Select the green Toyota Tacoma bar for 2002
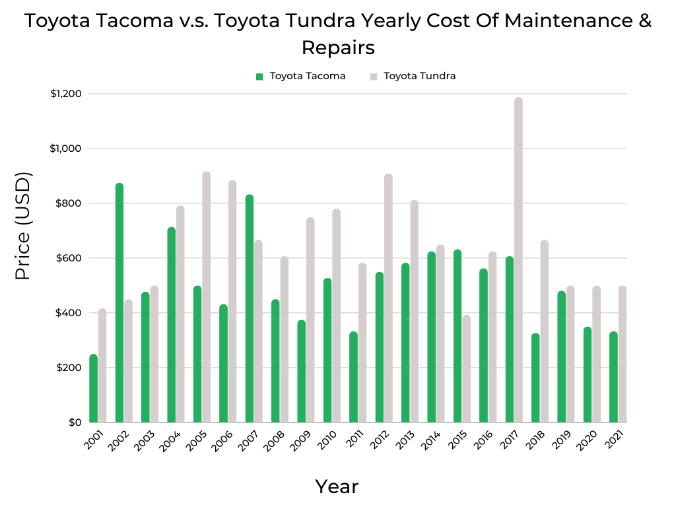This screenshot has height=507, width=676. (119, 303)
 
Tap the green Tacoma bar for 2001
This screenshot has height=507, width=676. (94, 389)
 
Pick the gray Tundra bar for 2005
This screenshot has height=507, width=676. (206, 297)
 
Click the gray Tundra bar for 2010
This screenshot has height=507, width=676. (336, 316)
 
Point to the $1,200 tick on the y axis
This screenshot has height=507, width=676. (65, 94)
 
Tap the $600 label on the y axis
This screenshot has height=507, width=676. (69, 258)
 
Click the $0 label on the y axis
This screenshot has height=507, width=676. (75, 422)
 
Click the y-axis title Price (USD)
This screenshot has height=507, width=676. (23, 225)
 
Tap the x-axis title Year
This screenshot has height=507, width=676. (337, 487)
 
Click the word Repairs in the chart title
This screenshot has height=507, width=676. (338, 48)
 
